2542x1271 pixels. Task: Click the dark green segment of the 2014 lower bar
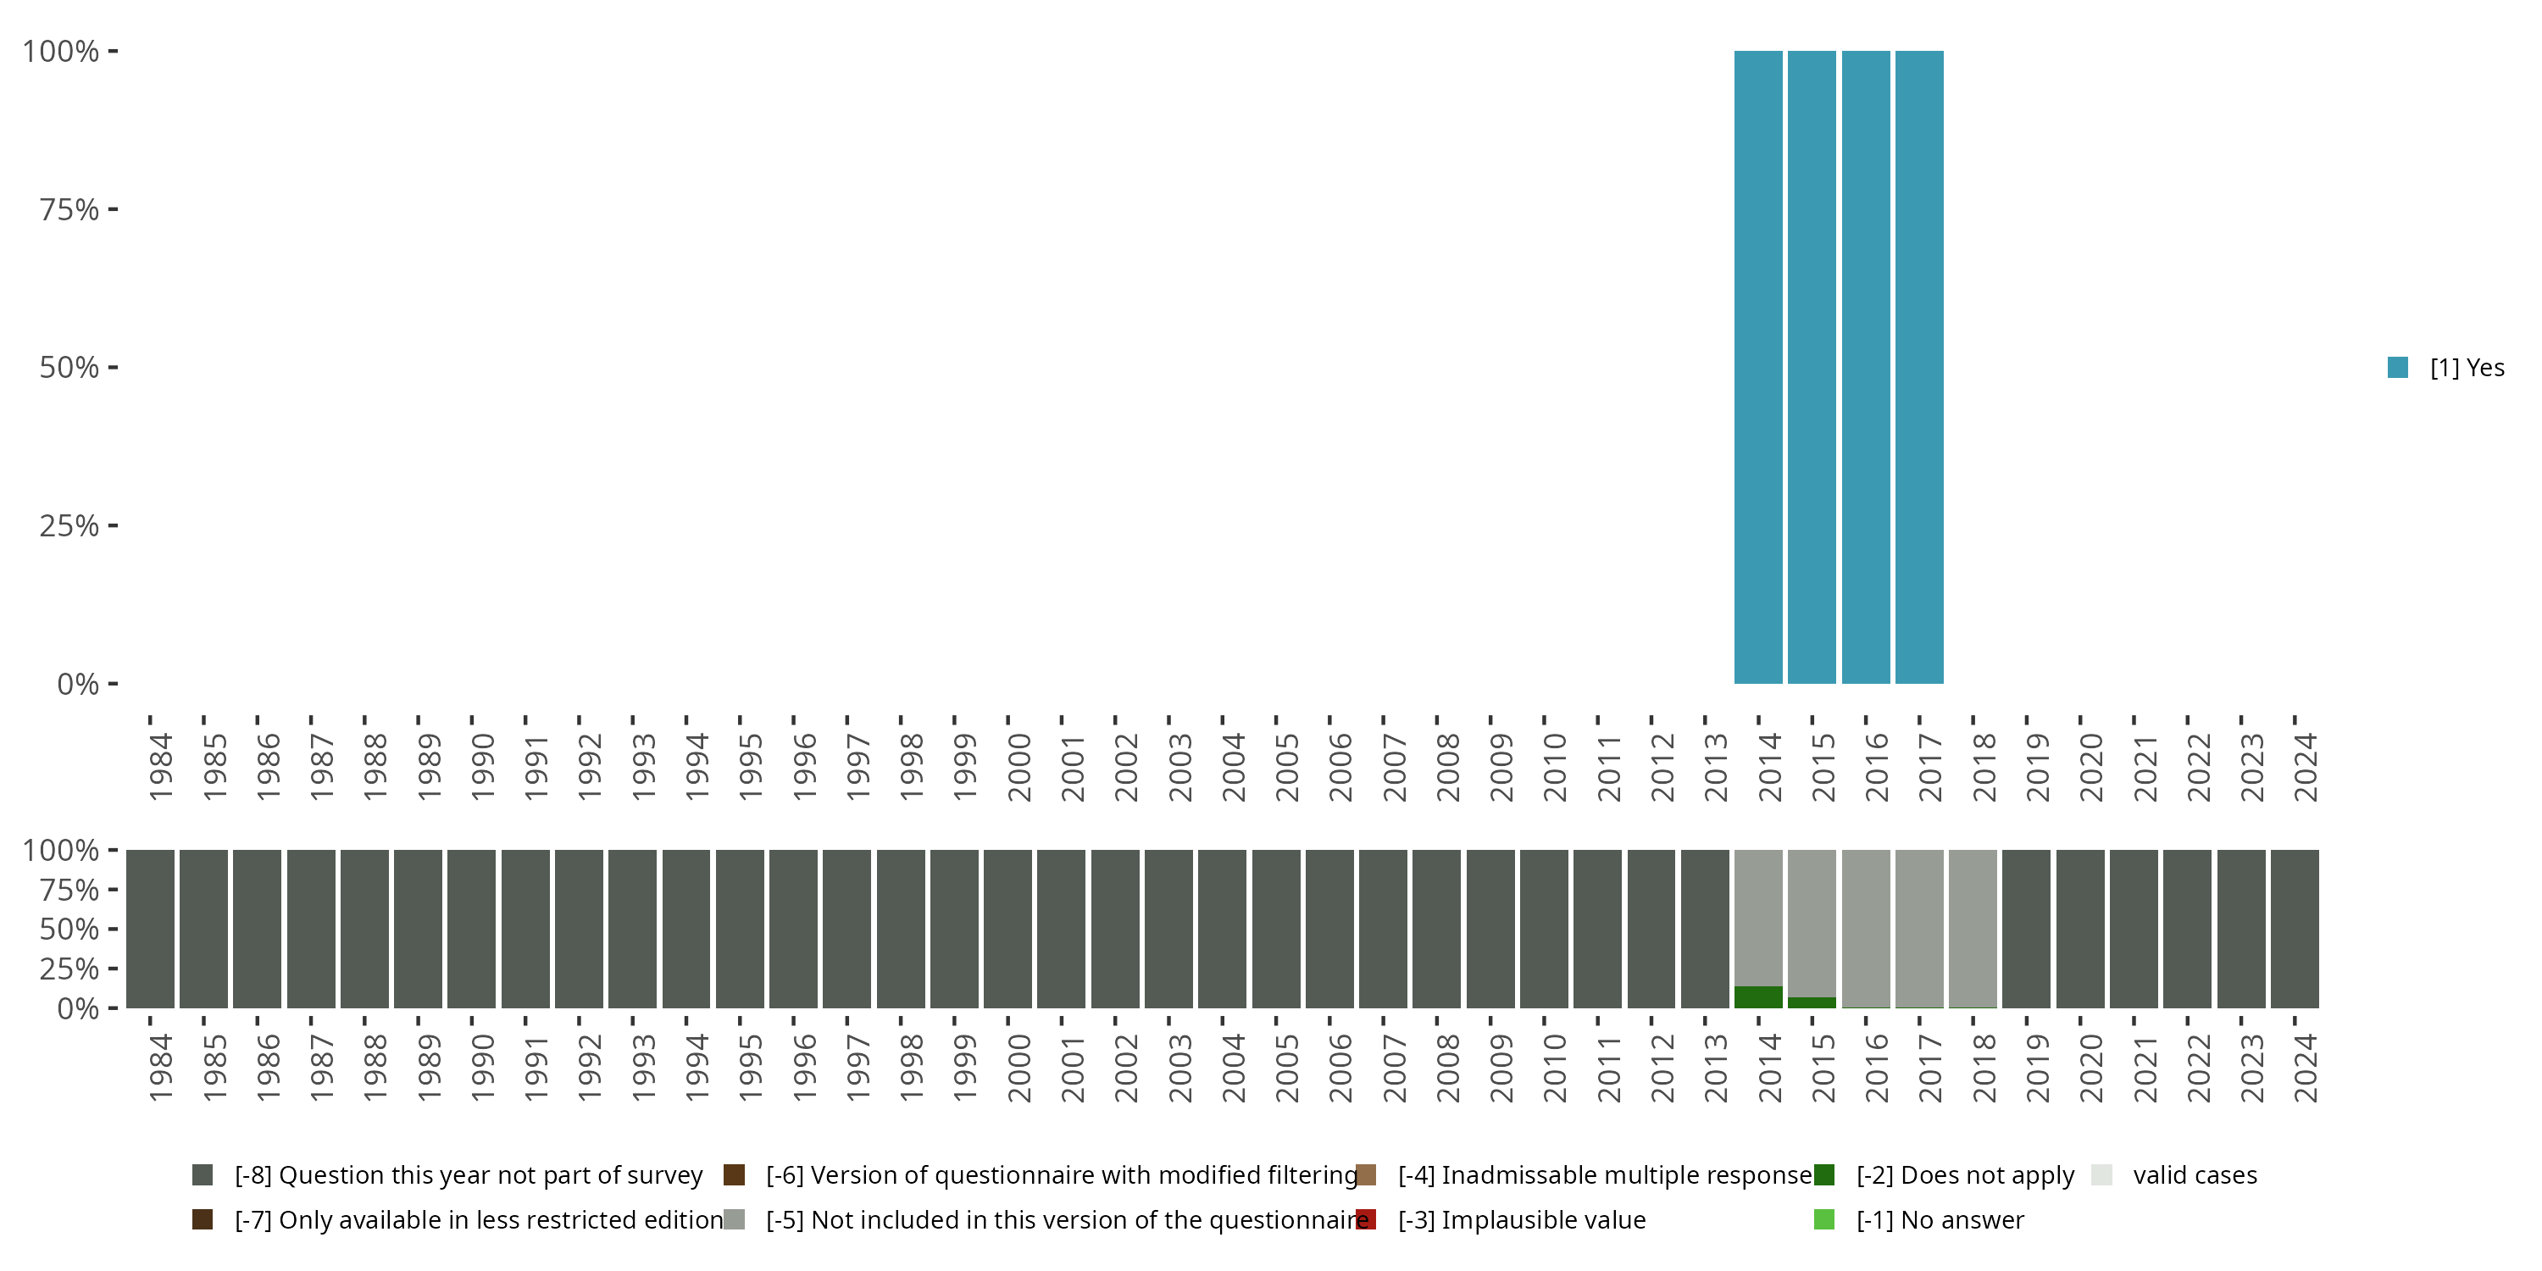pyautogui.click(x=1758, y=996)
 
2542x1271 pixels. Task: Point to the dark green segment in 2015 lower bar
pyautogui.click(x=1812, y=1002)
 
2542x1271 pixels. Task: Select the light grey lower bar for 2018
pyautogui.click(x=1973, y=928)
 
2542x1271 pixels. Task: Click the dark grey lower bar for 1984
pyautogui.click(x=150, y=928)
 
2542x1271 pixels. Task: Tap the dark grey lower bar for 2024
pyautogui.click(x=2295, y=928)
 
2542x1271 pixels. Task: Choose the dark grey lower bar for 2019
pyautogui.click(x=2026, y=928)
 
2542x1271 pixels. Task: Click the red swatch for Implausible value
pyautogui.click(x=1366, y=1219)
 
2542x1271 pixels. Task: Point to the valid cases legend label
pyautogui.click(x=2195, y=1175)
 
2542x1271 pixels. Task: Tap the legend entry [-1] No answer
pyautogui.click(x=1939, y=1219)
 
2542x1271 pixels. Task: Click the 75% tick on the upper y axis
pyautogui.click(x=69, y=209)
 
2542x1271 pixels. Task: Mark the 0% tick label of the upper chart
pyautogui.click(x=78, y=684)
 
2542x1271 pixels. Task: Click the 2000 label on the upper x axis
pyautogui.click(x=1018, y=767)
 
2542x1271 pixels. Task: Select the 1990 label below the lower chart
pyautogui.click(x=482, y=1068)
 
